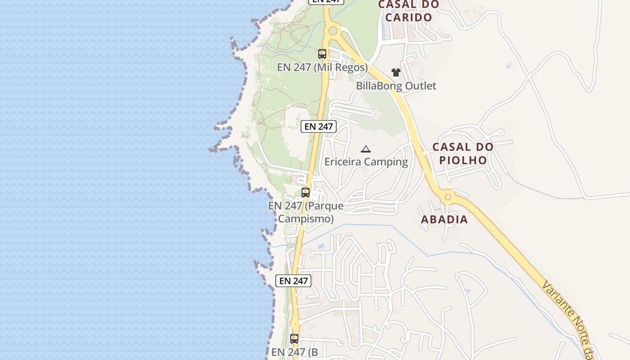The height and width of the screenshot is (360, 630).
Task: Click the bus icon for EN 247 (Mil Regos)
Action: point(322,54)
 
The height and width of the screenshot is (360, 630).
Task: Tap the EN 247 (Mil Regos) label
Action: point(322,67)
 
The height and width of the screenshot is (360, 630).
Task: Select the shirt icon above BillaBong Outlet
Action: point(396,72)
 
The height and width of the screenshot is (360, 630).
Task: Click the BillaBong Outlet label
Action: point(396,85)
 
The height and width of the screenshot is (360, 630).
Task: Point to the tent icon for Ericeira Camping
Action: point(365,149)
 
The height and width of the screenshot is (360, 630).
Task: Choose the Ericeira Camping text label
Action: point(366,162)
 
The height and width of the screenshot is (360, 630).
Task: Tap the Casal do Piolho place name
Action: point(463,153)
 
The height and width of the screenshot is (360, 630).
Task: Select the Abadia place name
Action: point(445,220)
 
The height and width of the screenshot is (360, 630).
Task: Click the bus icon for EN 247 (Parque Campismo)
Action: point(306,193)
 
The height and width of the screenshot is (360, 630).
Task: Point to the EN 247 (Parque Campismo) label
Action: point(306,212)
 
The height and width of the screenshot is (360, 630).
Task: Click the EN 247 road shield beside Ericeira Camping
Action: point(319,126)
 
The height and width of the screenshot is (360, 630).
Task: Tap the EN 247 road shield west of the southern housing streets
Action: point(293,281)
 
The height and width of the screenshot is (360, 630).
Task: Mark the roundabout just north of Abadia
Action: point(448,197)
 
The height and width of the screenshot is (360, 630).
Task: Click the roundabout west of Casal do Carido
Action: point(333,31)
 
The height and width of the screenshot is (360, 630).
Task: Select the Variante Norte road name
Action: point(568,319)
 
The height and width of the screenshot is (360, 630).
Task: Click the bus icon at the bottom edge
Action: point(294,339)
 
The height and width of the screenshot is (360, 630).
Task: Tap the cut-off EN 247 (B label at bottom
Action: point(295,352)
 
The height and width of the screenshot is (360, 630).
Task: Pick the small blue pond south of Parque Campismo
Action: point(321,246)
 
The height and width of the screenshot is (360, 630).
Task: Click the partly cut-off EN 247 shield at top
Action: point(326,1)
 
